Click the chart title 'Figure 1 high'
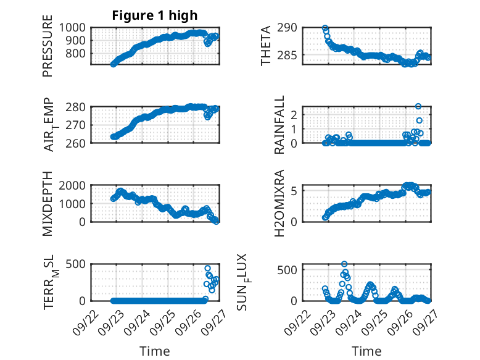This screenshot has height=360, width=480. [x=155, y=15]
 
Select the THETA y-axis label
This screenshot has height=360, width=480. [x=266, y=46]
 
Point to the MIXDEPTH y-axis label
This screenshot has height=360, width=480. [x=48, y=204]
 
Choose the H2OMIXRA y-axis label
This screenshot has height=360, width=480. [x=279, y=203]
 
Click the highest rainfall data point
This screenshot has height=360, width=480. [x=418, y=106]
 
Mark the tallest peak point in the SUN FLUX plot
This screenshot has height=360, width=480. [x=344, y=264]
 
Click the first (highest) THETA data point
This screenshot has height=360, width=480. [x=325, y=28]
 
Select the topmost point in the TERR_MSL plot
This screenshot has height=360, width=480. [x=208, y=268]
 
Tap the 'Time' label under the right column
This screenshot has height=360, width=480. [x=366, y=351]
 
